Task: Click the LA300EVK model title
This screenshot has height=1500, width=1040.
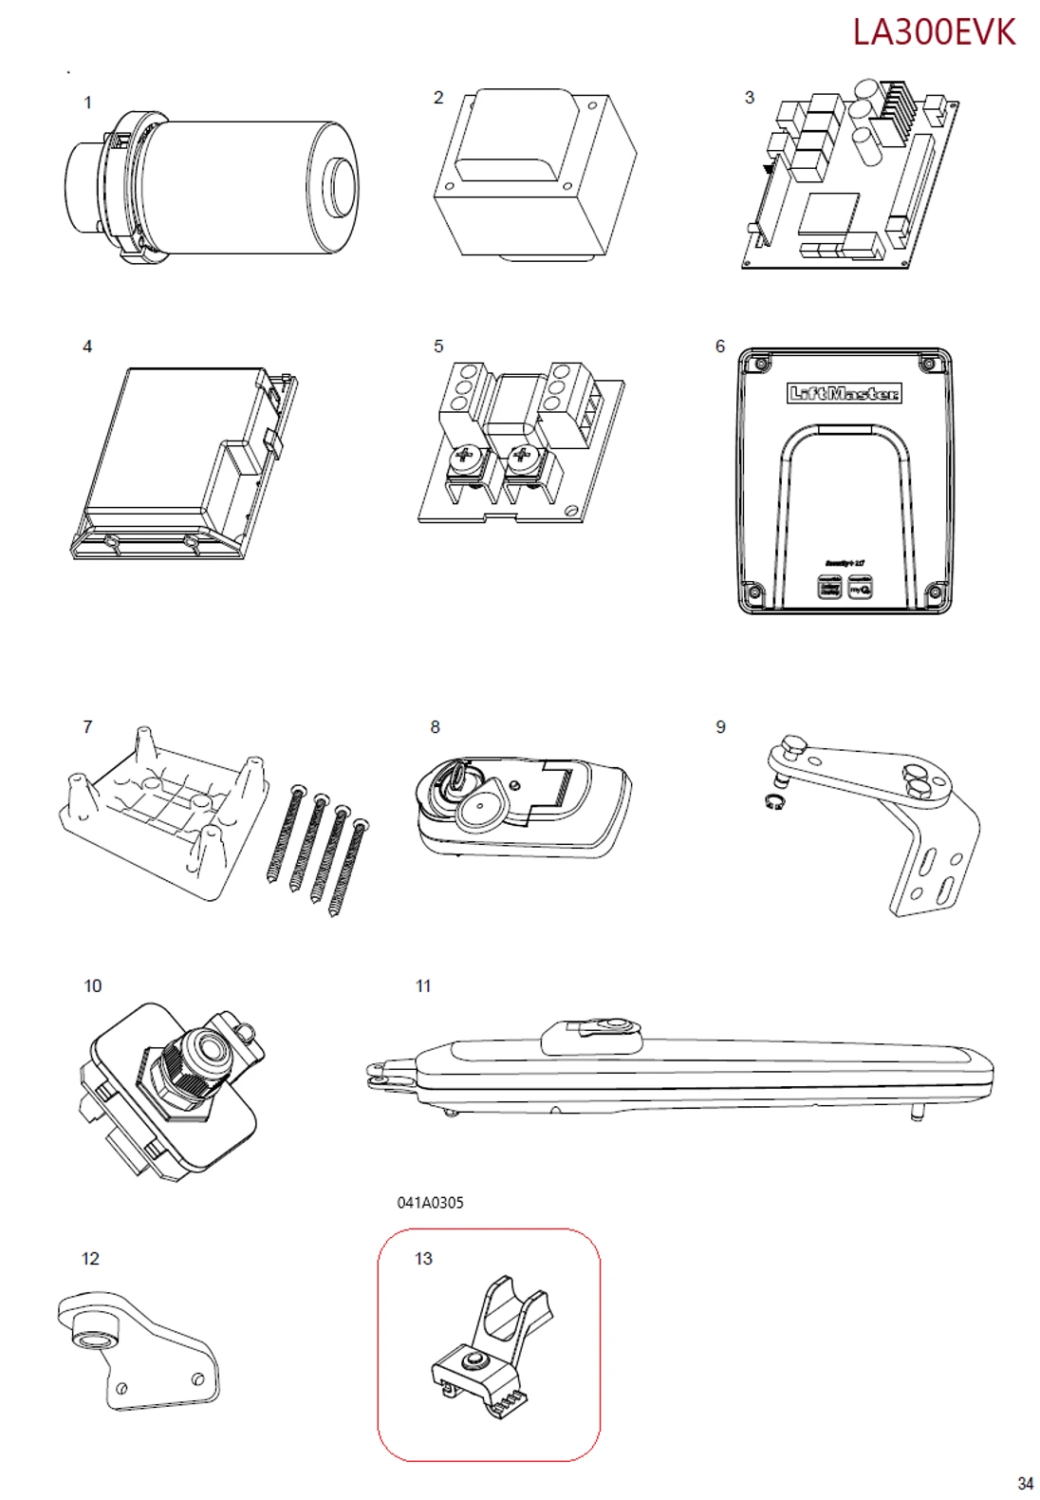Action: tap(933, 32)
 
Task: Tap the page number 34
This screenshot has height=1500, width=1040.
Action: tap(1025, 1483)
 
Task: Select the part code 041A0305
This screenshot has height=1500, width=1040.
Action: tap(430, 1202)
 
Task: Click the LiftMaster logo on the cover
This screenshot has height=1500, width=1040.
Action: tap(844, 393)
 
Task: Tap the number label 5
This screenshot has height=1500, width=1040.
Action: tap(437, 347)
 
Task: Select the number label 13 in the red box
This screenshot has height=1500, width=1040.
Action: tap(423, 1259)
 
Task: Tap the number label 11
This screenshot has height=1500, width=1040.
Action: tap(423, 986)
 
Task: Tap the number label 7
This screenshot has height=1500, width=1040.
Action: tap(88, 727)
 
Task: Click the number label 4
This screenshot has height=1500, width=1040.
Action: tap(87, 347)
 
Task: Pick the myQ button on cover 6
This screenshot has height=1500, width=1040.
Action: tap(860, 589)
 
